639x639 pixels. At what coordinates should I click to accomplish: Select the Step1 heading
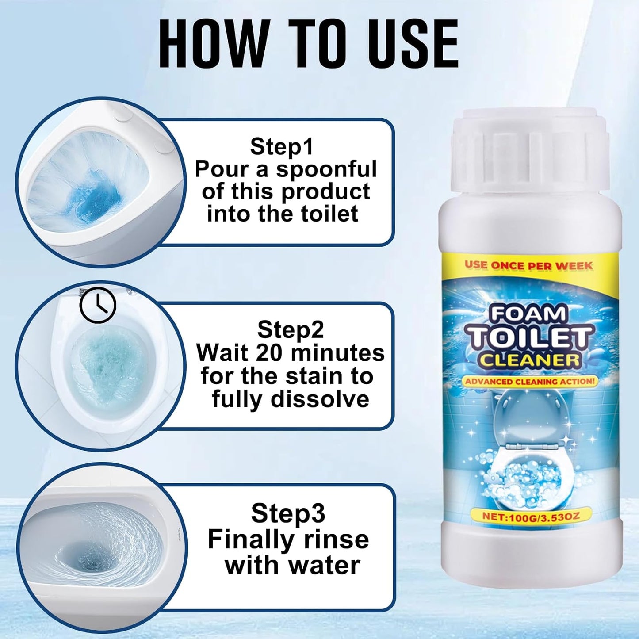point(282,146)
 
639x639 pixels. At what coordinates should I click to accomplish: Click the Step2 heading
point(291,329)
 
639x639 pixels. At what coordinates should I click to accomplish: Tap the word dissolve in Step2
point(320,399)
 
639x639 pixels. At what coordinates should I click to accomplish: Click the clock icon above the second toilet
point(98,305)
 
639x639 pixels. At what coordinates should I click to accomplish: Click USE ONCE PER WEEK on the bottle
point(528,265)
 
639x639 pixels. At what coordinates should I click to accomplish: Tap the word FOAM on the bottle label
point(528,314)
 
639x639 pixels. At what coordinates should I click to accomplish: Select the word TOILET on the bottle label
point(529,338)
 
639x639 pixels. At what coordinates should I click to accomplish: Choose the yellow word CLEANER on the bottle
point(529,360)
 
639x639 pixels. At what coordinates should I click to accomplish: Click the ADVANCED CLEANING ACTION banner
point(529,381)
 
